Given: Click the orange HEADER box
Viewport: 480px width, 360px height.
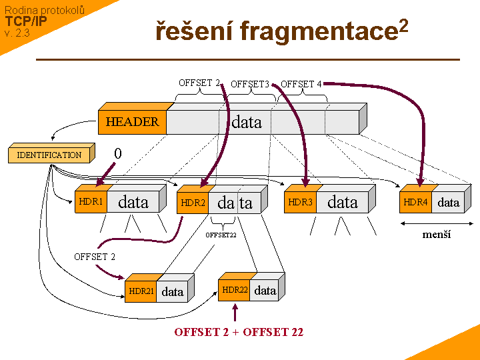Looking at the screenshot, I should (132, 122).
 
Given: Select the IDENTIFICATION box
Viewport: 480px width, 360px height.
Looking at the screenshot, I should (49, 155).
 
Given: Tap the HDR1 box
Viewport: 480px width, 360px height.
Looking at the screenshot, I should (91, 202).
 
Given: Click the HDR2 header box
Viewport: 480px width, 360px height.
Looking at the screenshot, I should (193, 203).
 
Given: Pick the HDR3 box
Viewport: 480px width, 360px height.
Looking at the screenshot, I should (300, 202).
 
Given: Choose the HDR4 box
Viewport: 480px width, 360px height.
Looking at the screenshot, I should (415, 202).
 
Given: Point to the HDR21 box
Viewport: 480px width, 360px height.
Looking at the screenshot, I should (141, 291).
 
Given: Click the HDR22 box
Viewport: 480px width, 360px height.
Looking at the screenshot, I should (235, 290).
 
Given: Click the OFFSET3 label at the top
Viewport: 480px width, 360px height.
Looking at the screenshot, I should (250, 85).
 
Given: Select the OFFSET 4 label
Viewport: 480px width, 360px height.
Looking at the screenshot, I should (301, 84).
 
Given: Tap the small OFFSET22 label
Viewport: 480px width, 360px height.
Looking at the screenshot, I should (221, 235).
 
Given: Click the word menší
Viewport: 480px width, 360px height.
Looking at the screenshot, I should (437, 235).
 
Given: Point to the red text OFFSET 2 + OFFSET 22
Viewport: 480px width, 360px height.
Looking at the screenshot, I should (239, 332).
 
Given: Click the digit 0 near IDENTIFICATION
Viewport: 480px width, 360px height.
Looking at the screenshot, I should (118, 154).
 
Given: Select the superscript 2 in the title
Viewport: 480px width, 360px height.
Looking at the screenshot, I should (403, 26).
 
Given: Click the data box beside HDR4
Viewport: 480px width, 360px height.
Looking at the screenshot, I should (449, 202).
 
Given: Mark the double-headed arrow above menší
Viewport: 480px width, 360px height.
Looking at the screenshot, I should (437, 223).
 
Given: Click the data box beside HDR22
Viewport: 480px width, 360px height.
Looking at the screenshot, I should (265, 290).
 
